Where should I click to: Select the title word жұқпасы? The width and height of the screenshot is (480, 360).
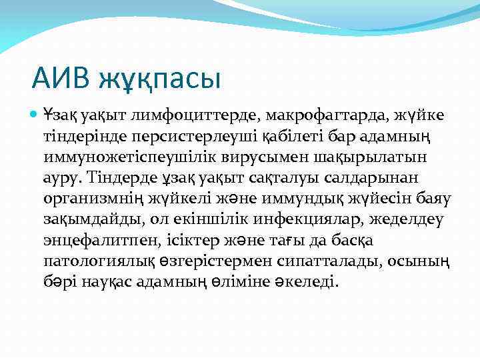[159, 81]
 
